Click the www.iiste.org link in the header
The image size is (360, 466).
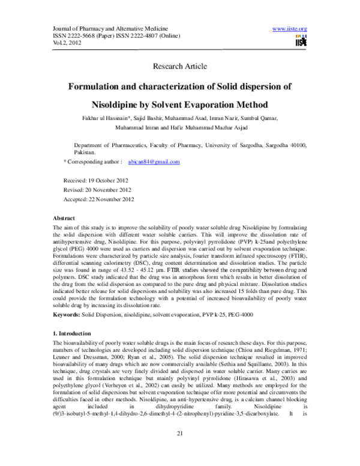pos(289,29)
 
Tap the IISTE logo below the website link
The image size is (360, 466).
pos(301,40)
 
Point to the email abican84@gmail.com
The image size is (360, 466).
pos(154,162)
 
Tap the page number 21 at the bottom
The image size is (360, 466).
pos(180,450)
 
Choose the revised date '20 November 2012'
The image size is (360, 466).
pos(110,190)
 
